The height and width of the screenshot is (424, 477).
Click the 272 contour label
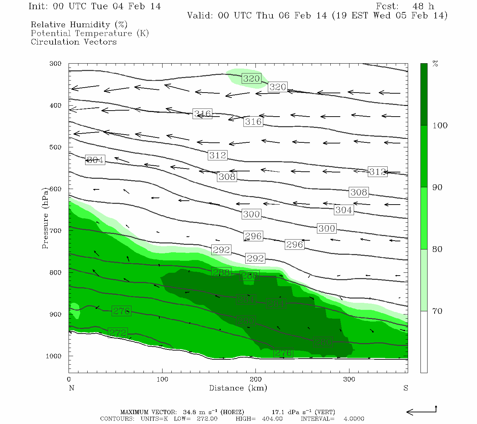118,333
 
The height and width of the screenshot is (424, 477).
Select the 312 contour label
217,155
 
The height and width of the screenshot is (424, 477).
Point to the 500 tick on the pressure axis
55,147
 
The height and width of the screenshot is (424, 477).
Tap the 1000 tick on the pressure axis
54,356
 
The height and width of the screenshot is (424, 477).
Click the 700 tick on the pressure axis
55,231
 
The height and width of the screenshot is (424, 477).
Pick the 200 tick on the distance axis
256,379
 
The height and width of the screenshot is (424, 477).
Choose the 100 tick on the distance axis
162,379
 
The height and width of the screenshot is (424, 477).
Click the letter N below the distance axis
71,388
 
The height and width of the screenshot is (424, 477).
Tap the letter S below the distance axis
406,388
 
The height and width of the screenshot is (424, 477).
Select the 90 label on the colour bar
437,187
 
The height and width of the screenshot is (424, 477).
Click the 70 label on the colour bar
437,311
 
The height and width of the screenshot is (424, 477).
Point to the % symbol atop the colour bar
435,64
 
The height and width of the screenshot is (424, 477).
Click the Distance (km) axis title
238,388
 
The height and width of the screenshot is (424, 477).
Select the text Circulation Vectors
73,42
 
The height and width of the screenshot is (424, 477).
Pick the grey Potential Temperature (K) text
90,34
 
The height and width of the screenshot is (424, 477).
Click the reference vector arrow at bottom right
421,411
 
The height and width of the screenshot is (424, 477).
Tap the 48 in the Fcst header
418,6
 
